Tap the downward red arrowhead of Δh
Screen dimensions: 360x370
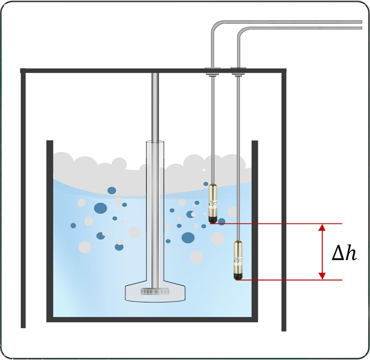[x=322, y=276]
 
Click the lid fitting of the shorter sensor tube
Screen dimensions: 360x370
[x=213, y=69]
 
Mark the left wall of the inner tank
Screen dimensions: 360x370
[x=50, y=230]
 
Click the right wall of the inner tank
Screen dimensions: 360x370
[x=255, y=230]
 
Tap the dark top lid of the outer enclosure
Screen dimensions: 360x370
[x=111, y=70]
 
